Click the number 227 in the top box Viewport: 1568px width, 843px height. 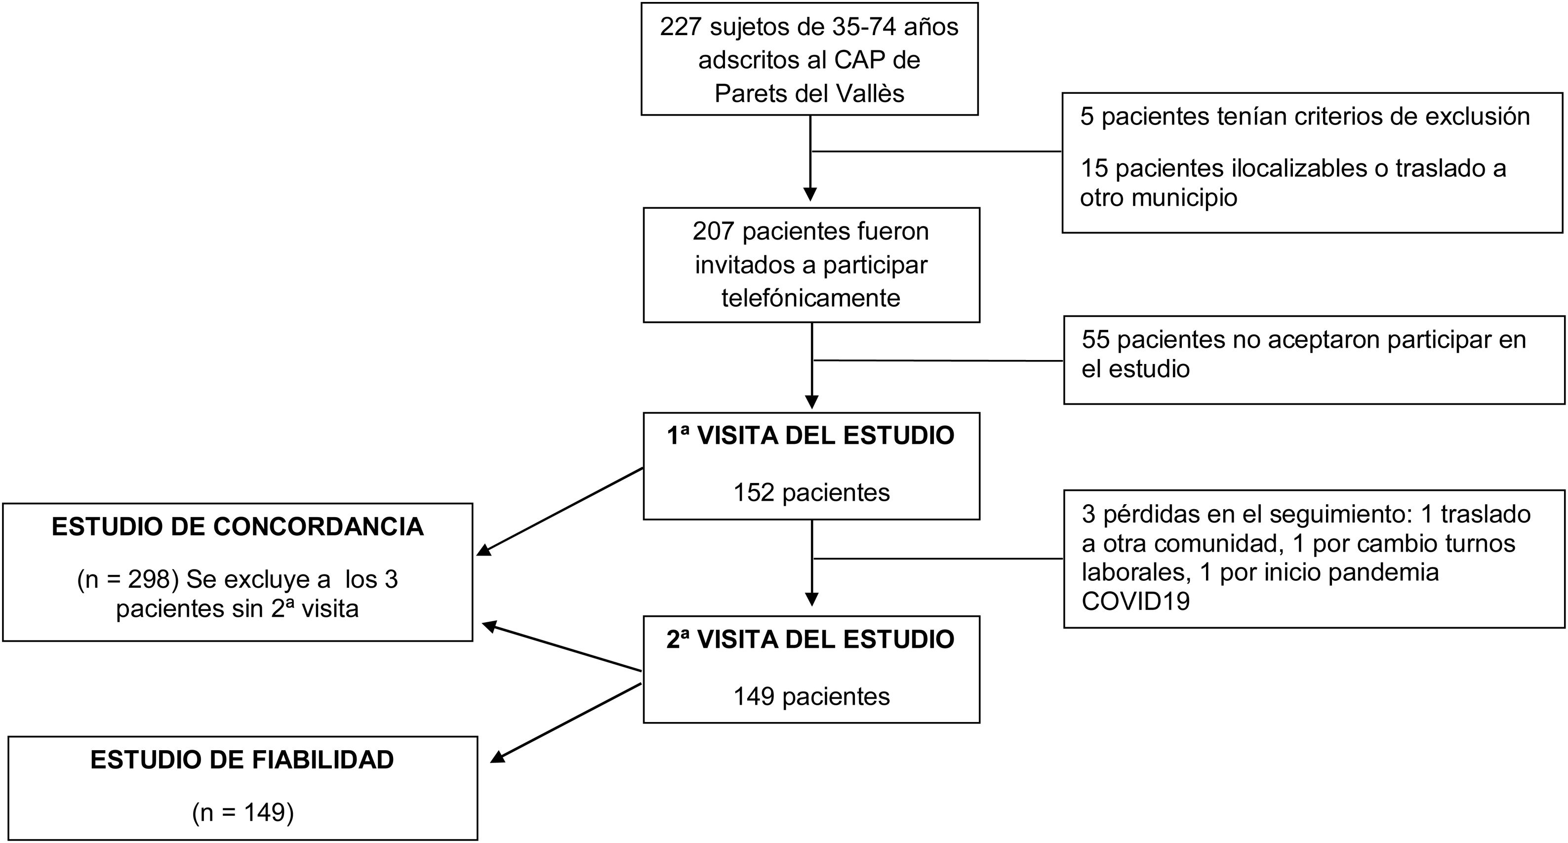tap(681, 27)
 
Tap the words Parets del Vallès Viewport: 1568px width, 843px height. tap(809, 94)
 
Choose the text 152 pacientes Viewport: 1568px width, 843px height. tap(811, 492)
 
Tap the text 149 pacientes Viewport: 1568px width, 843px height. tap(811, 696)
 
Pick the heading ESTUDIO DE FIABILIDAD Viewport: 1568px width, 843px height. tap(242, 760)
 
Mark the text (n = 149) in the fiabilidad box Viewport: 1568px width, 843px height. tap(242, 812)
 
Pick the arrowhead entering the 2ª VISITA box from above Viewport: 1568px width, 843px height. tap(812, 599)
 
